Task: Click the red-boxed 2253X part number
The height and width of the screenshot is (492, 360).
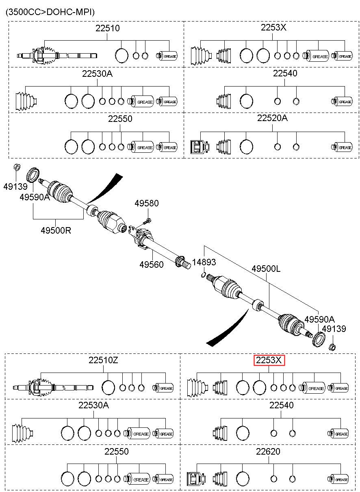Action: point(269,360)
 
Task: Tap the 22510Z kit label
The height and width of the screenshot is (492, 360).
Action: point(103,360)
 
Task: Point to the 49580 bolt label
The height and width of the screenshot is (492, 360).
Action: point(147,203)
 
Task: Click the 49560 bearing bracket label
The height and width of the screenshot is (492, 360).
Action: point(152,264)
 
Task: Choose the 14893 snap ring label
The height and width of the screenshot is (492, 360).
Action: point(204,262)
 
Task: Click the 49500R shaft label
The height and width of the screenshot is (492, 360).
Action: point(56,230)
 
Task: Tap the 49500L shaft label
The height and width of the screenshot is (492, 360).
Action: point(266,269)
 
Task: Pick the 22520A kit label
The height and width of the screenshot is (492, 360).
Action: point(272,118)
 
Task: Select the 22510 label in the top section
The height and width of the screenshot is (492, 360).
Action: point(107,28)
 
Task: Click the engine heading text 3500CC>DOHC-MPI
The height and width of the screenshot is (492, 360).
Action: point(50,12)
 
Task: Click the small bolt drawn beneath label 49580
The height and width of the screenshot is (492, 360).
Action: point(147,221)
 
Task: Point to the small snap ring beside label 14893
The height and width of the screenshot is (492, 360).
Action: point(204,275)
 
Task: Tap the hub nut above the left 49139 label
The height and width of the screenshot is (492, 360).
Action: point(17,167)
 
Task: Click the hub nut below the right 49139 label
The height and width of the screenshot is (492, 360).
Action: point(332,347)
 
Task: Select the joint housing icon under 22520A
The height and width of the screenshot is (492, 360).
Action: point(200,147)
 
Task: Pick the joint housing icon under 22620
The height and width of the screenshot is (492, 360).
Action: point(196,479)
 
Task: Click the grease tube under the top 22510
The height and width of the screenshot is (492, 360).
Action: point(167,56)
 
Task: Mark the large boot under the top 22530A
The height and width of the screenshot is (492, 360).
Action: point(26,102)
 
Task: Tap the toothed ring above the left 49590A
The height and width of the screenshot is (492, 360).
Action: point(33,175)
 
